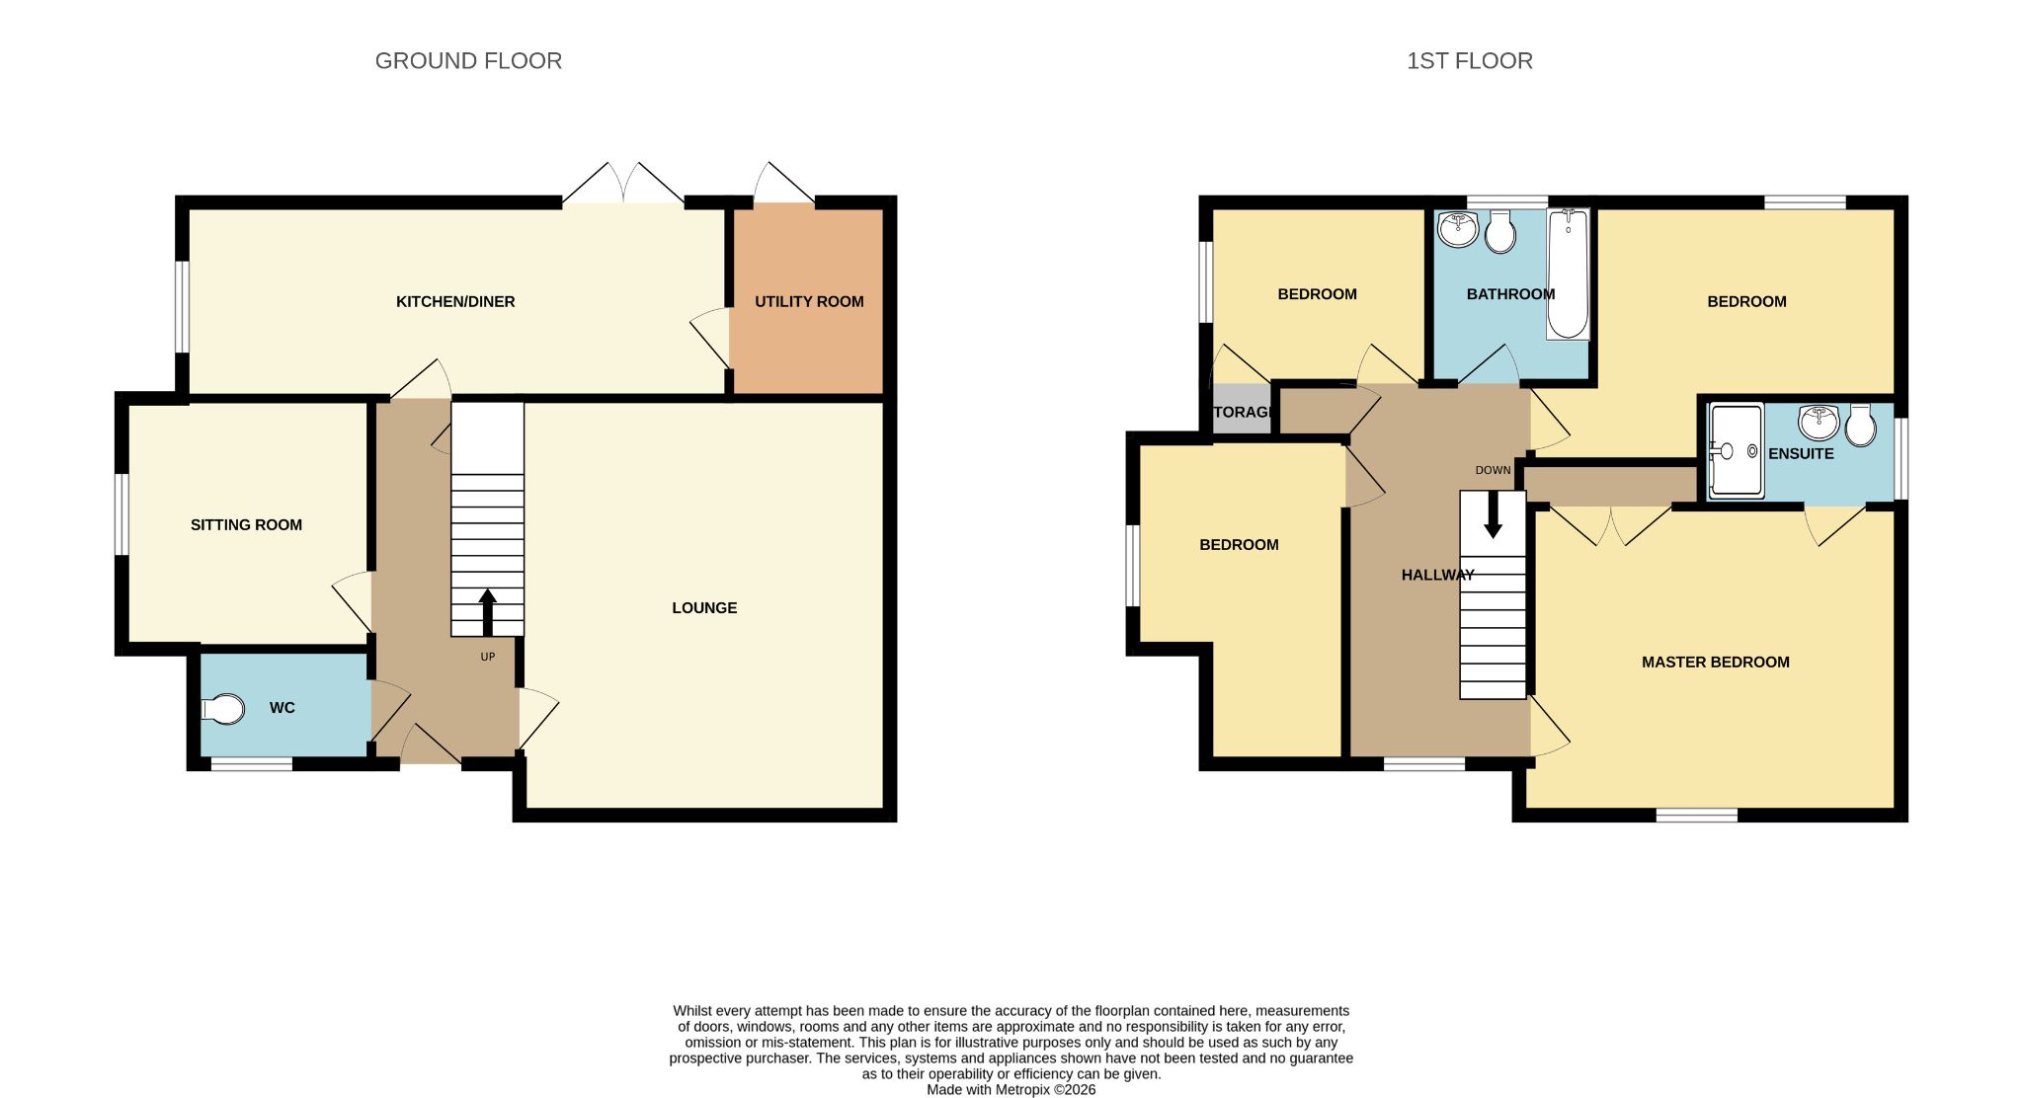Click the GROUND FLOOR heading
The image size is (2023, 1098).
point(468,61)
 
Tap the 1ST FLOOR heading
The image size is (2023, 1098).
point(1470,61)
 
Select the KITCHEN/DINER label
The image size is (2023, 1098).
point(455,302)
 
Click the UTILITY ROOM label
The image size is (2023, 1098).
point(809,302)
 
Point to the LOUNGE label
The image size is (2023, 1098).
point(704,608)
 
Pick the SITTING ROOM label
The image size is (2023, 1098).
point(246,525)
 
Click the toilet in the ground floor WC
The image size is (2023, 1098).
point(223,709)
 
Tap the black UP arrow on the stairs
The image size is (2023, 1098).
point(487,612)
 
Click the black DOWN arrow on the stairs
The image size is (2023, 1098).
point(1493,514)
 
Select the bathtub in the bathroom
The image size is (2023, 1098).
point(1568,274)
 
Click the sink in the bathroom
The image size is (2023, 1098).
point(1458,229)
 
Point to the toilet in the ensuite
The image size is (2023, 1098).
point(1861,425)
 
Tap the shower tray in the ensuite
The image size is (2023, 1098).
point(1736,450)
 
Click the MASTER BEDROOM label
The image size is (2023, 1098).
point(1716,663)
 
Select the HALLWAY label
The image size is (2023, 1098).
point(1438,575)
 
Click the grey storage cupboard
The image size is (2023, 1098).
point(1242,409)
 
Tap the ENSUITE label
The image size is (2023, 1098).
point(1801,454)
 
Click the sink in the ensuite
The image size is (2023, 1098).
point(1819,422)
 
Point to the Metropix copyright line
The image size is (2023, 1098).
point(1011,1090)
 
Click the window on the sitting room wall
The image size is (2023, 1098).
point(121,514)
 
